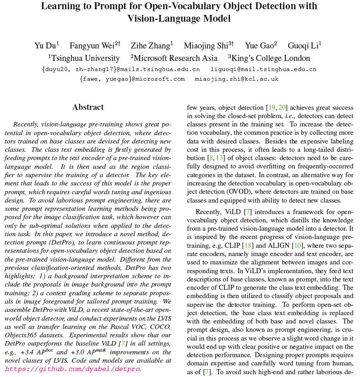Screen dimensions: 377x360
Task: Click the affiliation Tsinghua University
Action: coord(86,58)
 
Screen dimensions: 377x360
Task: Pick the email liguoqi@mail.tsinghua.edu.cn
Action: coord(263,69)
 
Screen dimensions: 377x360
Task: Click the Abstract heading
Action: coord(88,107)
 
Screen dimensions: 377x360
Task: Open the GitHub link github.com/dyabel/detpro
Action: coord(72,369)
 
